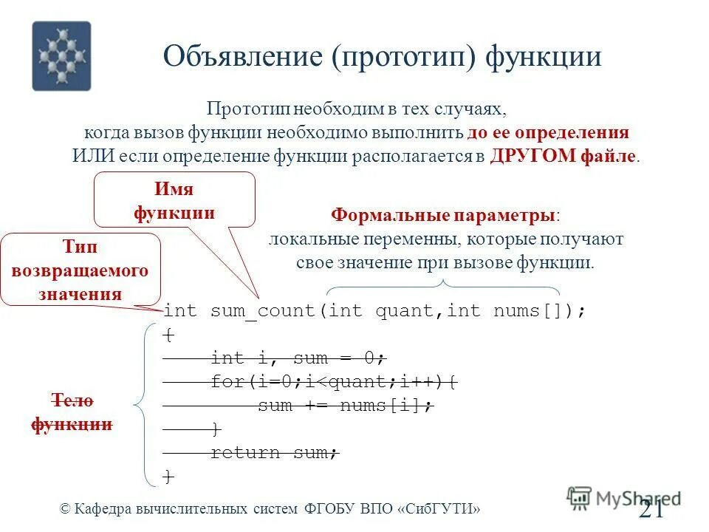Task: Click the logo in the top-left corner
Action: pyautogui.click(x=61, y=55)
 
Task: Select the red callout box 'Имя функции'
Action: pyautogui.click(x=174, y=200)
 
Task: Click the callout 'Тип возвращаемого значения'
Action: pyautogui.click(x=80, y=270)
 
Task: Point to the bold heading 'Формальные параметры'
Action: pyautogui.click(x=443, y=215)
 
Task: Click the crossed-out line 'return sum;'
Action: pyautogui.click(x=274, y=453)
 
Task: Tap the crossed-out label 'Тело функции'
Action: pyautogui.click(x=72, y=412)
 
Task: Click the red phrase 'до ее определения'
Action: pyautogui.click(x=547, y=133)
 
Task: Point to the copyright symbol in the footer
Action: pyautogui.click(x=65, y=508)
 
